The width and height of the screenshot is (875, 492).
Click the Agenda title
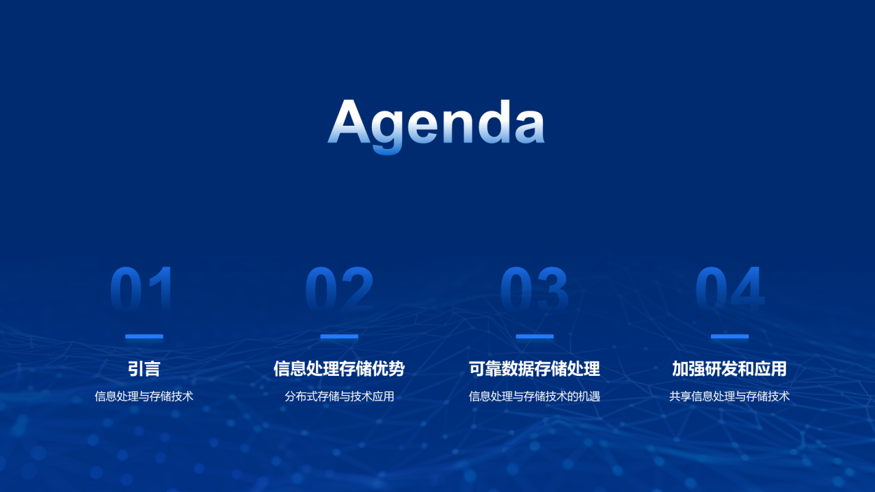click(x=436, y=123)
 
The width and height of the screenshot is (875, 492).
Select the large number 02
click(x=339, y=289)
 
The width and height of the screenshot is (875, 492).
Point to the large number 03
click(x=535, y=289)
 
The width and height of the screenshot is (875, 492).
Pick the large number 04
click(x=729, y=289)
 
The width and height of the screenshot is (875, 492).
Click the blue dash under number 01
click(x=144, y=336)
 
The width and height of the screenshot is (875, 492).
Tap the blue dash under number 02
click(x=339, y=336)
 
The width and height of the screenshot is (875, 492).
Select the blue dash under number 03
click(x=535, y=336)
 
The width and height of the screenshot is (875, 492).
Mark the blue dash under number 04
click(x=729, y=336)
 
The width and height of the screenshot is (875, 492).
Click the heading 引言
click(x=144, y=369)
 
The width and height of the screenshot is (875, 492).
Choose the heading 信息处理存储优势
click(x=339, y=369)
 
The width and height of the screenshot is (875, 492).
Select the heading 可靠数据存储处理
click(x=535, y=369)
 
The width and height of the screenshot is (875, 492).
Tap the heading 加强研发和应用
click(x=729, y=369)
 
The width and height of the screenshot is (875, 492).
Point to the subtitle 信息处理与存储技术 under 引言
click(x=144, y=396)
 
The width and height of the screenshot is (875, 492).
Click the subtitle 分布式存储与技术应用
click(x=339, y=396)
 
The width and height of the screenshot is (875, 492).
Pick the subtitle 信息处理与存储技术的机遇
click(x=535, y=396)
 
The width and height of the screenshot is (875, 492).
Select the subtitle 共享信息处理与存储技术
click(x=729, y=396)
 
